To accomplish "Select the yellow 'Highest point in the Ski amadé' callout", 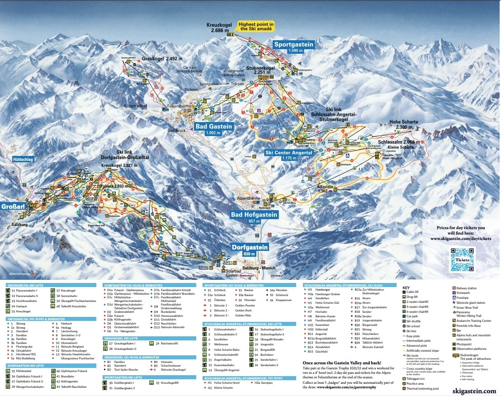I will coord(257,26).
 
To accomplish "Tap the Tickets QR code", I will coord(462,259).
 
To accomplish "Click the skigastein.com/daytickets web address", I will coord(461,238).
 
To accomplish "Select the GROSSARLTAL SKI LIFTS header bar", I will coord(52,286).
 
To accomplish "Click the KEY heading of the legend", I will coord(406,287).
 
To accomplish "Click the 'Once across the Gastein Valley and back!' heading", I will coord(342,363).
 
